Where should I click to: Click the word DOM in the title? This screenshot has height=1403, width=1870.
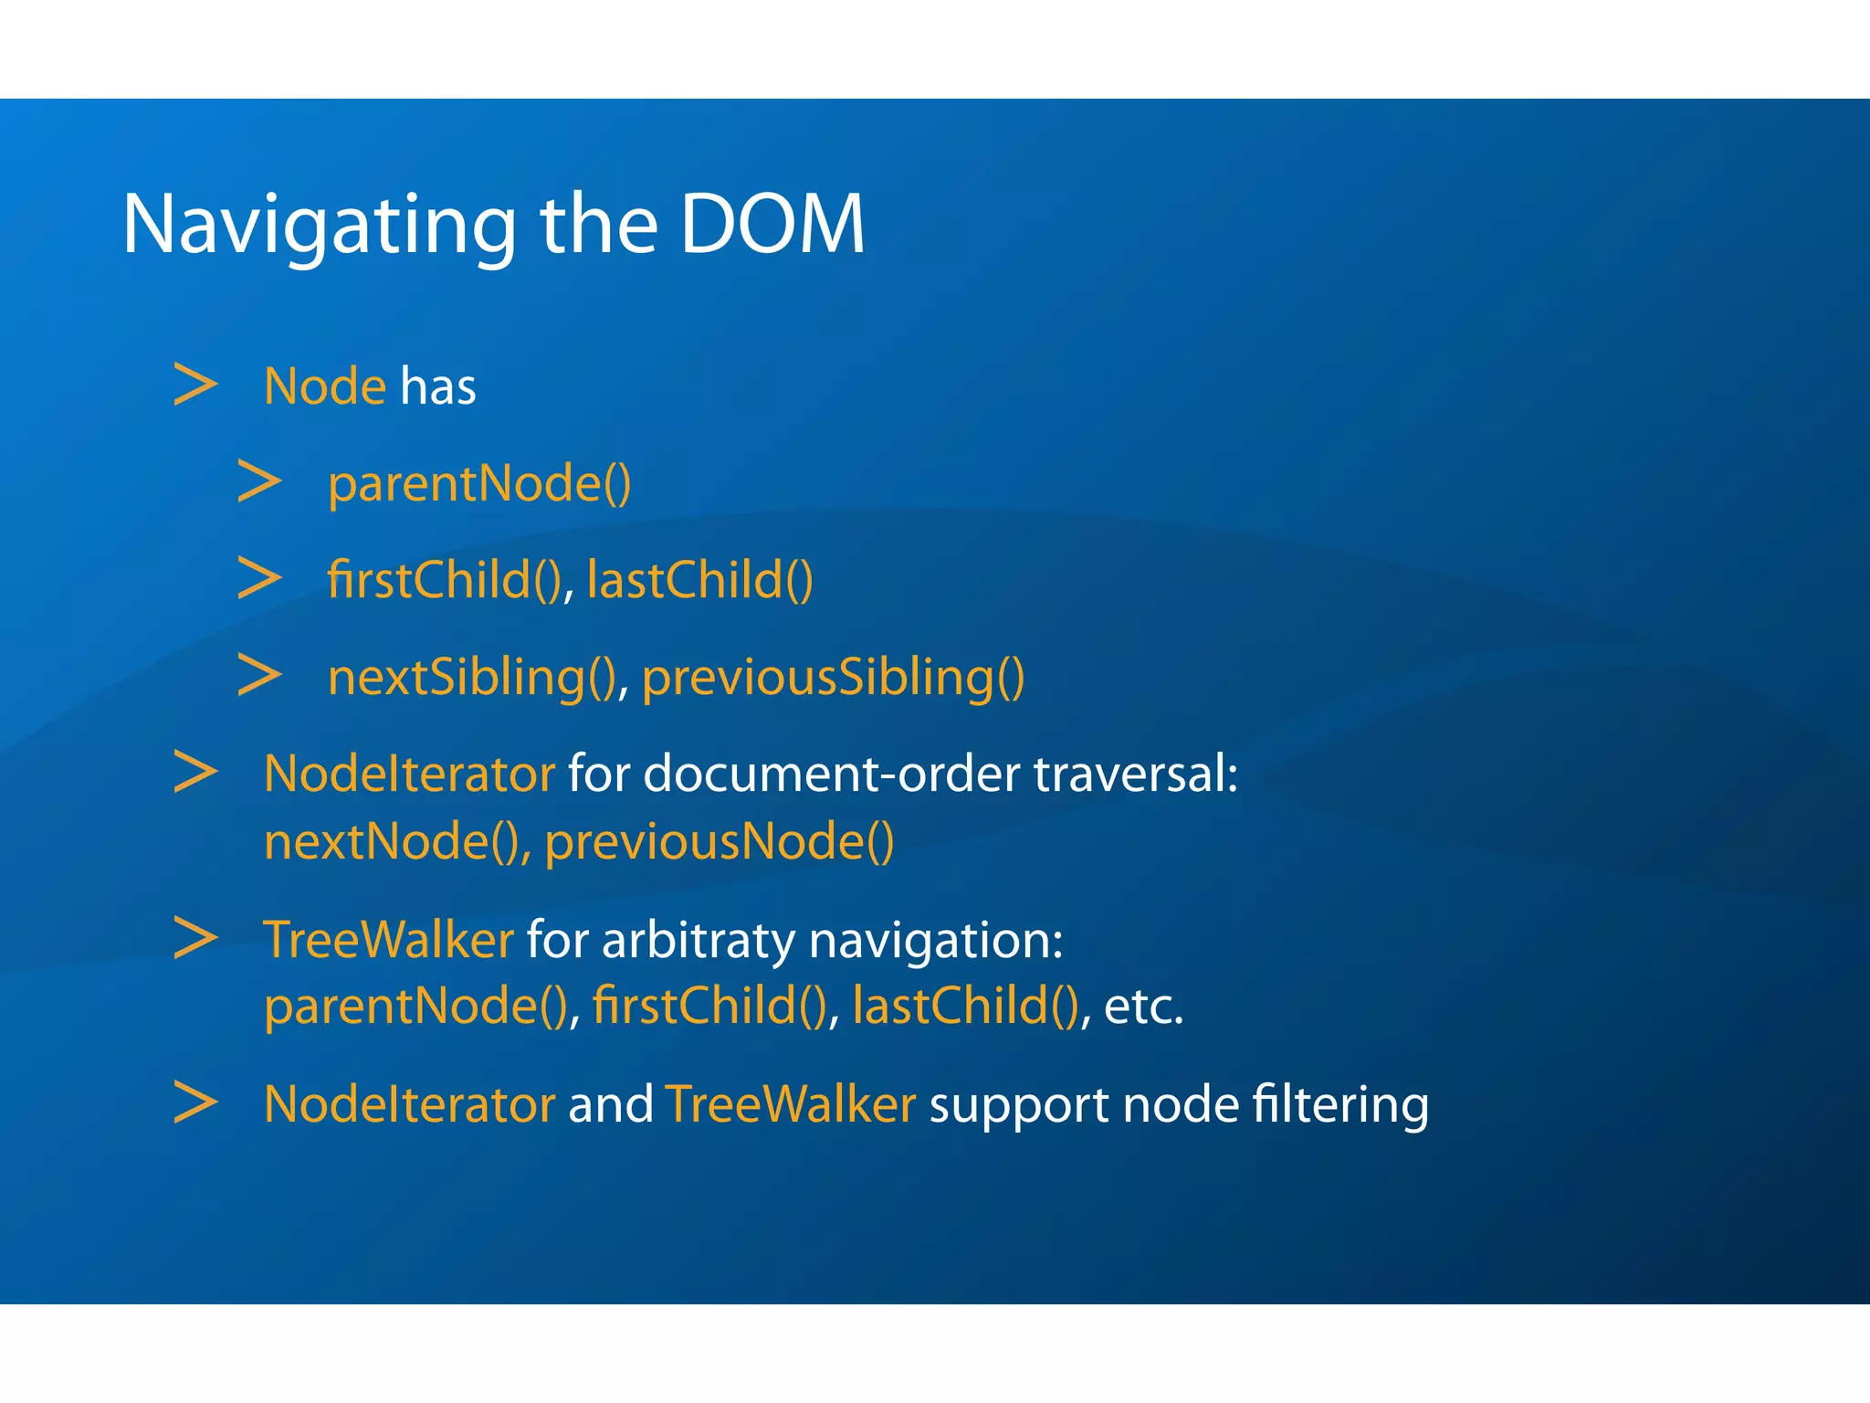[772, 224]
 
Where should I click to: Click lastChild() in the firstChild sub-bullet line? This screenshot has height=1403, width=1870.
[699, 580]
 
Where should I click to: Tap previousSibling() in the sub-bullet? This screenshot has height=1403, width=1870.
[833, 678]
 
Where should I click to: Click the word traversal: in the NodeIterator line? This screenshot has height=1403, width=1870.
[1135, 774]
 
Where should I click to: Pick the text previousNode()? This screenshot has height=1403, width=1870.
[719, 841]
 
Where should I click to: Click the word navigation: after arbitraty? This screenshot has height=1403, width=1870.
[936, 941]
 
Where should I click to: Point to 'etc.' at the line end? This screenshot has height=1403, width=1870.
[1143, 1007]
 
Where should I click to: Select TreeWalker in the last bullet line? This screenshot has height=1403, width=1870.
[790, 1103]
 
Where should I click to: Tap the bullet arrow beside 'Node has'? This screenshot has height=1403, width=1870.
[195, 385]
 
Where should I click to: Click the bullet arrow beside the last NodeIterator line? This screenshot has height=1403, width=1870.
[195, 1102]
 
